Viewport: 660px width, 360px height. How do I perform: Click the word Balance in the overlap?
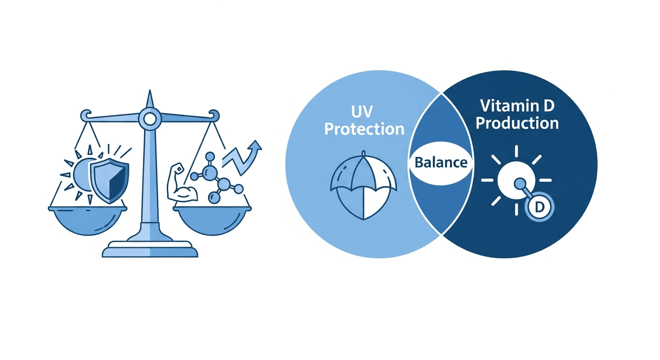point(441,163)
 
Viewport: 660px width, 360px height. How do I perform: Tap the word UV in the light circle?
point(362,112)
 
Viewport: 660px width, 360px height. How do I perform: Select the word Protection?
point(365,129)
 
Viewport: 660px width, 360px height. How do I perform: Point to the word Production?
point(517,123)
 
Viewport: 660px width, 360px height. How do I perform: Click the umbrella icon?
point(364,186)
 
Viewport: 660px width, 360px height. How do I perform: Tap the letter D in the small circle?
point(539,207)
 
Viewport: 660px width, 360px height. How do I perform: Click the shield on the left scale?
point(110,180)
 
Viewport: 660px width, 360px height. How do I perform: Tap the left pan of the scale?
point(88,220)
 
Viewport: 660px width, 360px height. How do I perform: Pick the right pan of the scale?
point(212,220)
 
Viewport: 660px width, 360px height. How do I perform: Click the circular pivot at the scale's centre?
point(150,119)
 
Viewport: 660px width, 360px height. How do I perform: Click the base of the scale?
point(150,249)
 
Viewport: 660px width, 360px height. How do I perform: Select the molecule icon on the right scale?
point(217,178)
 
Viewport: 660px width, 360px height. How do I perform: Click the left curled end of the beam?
point(86,115)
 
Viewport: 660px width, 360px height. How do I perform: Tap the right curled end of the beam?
point(214,115)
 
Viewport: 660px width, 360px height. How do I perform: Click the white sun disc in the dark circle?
point(516,180)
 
